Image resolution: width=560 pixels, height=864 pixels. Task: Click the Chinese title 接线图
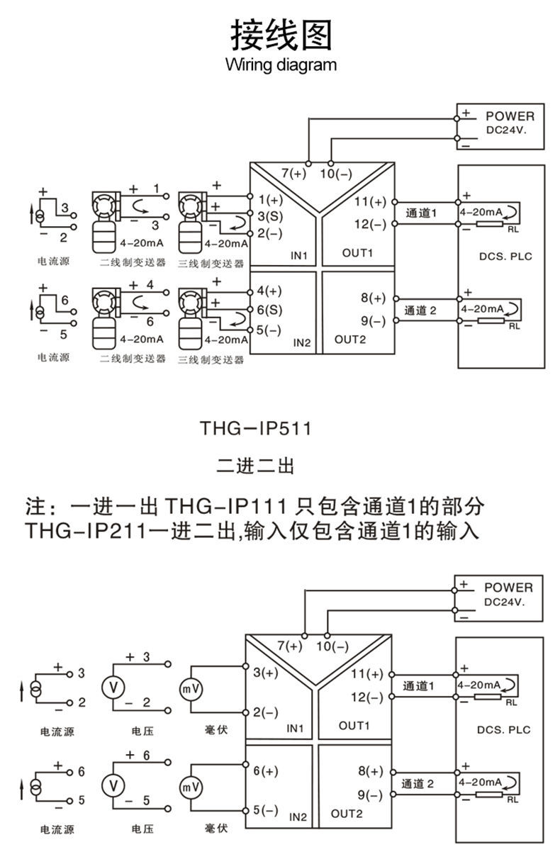click(281, 35)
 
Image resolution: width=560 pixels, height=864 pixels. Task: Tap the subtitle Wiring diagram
click(281, 66)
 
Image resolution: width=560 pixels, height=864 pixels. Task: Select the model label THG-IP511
click(255, 429)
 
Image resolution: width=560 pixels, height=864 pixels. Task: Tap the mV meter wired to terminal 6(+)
click(190, 787)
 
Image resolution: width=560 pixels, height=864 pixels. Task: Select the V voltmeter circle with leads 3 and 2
click(111, 686)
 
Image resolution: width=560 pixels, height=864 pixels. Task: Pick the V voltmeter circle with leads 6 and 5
click(111, 784)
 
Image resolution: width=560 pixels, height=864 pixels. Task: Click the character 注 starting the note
click(36, 507)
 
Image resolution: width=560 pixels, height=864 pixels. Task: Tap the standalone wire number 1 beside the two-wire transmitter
click(157, 189)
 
